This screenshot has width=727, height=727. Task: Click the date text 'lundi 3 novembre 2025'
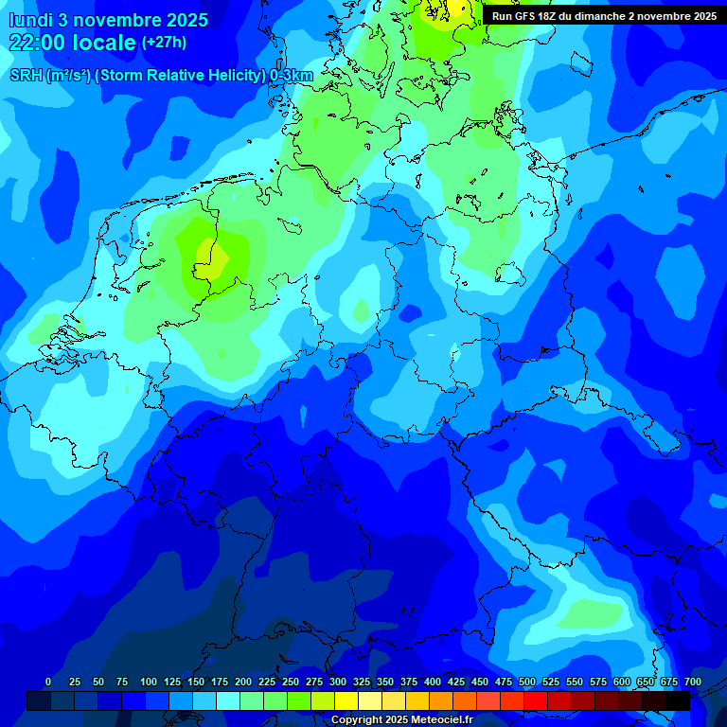point(108,20)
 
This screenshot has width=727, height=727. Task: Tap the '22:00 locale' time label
point(72,43)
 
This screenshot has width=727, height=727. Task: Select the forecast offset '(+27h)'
point(164,43)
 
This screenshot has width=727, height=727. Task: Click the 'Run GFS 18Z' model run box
point(604,16)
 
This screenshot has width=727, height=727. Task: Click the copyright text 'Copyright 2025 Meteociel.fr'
point(401,720)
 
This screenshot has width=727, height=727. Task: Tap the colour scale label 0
point(47,682)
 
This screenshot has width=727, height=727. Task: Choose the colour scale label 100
point(149,682)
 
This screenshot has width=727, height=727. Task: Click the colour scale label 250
point(291,682)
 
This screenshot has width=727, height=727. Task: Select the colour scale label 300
point(338,682)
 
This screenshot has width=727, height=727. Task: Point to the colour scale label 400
point(433,682)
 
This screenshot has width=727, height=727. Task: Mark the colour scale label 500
point(527,682)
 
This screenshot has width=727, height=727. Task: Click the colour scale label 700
point(693,682)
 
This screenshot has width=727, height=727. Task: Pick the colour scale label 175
point(220,682)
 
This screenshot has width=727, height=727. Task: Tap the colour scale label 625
point(646,682)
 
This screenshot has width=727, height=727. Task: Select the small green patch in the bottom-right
point(587,615)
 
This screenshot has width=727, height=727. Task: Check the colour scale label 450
point(480,682)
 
